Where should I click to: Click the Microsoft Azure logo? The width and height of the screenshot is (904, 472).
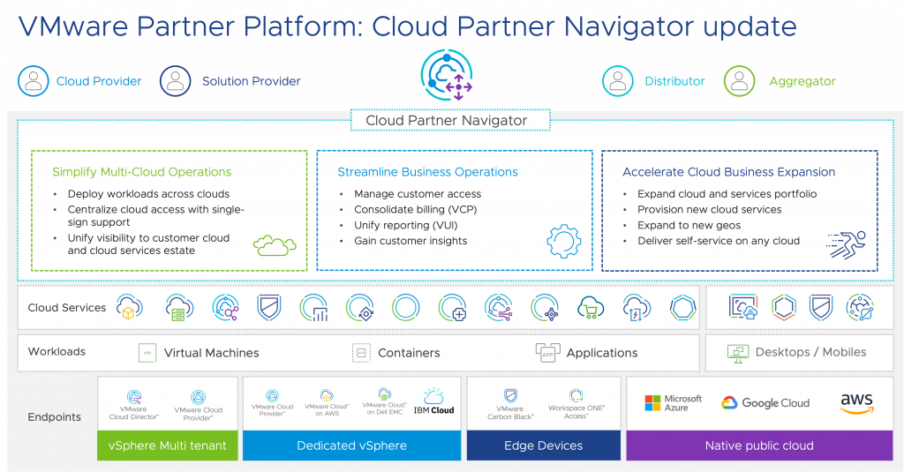673,403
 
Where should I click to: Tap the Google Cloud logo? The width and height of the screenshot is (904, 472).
765,403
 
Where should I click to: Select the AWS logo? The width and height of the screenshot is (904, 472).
856,403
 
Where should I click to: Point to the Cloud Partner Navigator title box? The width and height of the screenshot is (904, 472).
446,120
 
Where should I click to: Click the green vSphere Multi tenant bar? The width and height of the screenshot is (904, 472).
167,446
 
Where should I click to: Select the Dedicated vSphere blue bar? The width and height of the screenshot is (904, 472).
351,446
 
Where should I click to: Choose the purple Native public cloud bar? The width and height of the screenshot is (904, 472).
759,446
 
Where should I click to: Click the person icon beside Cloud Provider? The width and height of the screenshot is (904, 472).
34,81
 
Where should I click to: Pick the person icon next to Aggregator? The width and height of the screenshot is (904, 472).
740,81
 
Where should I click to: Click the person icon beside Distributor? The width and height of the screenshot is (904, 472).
618,81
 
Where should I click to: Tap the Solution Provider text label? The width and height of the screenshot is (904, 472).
251,81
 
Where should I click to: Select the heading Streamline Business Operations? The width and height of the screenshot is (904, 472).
427,172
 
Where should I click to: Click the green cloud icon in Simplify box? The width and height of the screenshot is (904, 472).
275,244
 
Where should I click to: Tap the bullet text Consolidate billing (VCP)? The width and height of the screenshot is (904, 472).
411,210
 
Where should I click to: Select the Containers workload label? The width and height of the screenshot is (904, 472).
409,353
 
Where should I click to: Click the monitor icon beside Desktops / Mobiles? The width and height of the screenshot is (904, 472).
737,353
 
